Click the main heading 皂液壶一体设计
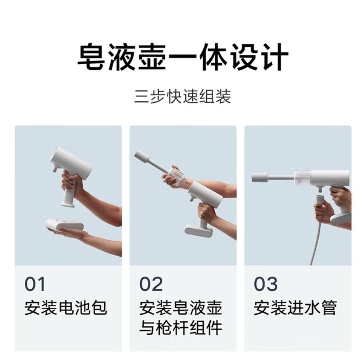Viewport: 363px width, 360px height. tap(183, 57)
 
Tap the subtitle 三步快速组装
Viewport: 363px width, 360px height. tap(183, 96)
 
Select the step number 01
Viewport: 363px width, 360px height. tap(35, 284)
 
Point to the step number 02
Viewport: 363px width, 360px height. tap(151, 284)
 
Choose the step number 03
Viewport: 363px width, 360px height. tap(266, 284)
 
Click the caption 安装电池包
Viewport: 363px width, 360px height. tap(66, 308)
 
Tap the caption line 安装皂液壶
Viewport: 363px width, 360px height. tap(181, 308)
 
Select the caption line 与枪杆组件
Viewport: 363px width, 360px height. tap(181, 328)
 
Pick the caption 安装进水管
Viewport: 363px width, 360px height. tap(295, 308)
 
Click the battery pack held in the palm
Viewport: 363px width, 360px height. tap(65, 225)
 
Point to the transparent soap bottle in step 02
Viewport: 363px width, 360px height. tap(176, 177)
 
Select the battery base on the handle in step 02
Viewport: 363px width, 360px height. tap(199, 231)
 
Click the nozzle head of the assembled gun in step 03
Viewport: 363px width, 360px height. tap(259, 177)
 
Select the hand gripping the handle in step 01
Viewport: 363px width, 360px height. tap(72, 185)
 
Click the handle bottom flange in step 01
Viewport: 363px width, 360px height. tap(68, 204)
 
